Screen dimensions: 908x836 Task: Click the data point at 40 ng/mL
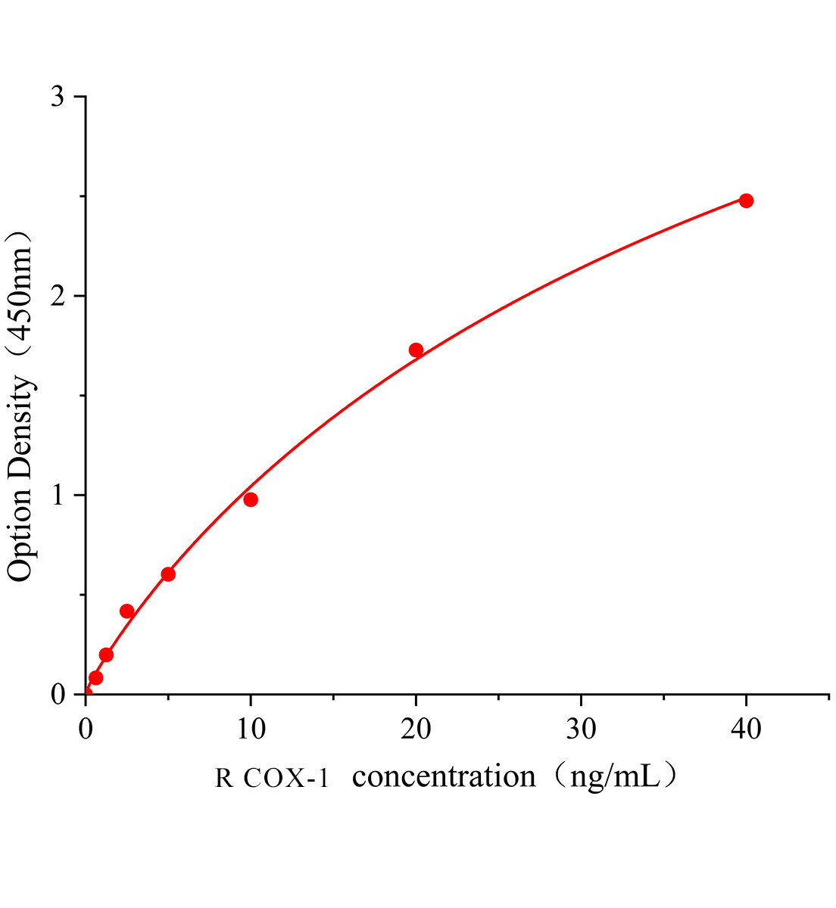(746, 201)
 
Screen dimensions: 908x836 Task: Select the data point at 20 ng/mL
(416, 350)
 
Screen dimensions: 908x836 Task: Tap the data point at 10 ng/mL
(251, 499)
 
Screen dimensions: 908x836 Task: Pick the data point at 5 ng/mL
(168, 574)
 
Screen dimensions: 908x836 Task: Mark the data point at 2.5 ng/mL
(126, 611)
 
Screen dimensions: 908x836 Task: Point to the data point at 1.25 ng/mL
(106, 655)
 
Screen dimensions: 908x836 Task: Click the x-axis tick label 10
(251, 729)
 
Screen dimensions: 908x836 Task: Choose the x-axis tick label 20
(416, 729)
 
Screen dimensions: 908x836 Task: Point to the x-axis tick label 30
(581, 729)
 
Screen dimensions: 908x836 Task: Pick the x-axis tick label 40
(746, 729)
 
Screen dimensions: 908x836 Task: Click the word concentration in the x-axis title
(445, 776)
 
